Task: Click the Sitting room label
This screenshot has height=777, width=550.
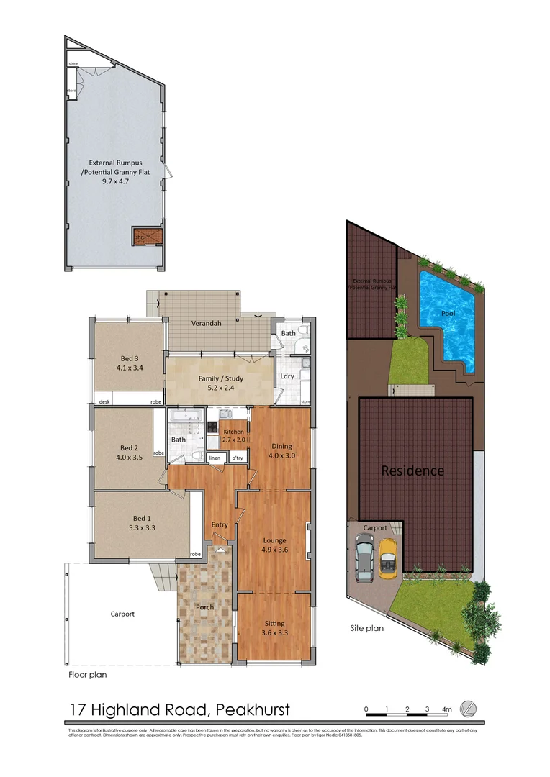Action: tap(274, 623)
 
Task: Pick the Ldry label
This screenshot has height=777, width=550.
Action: tap(287, 376)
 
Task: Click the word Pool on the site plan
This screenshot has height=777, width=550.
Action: tap(448, 314)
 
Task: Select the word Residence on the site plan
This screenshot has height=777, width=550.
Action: tap(412, 471)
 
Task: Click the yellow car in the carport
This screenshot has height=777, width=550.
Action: tap(388, 558)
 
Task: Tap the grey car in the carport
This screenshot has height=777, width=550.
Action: tap(365, 558)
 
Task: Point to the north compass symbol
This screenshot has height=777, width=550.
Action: tap(468, 708)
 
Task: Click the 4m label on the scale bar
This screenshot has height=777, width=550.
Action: tap(446, 709)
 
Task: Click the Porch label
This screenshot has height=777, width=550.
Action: tap(204, 607)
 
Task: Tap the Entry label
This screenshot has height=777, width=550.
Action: tap(220, 524)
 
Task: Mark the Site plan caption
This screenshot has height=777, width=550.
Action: tap(366, 628)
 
